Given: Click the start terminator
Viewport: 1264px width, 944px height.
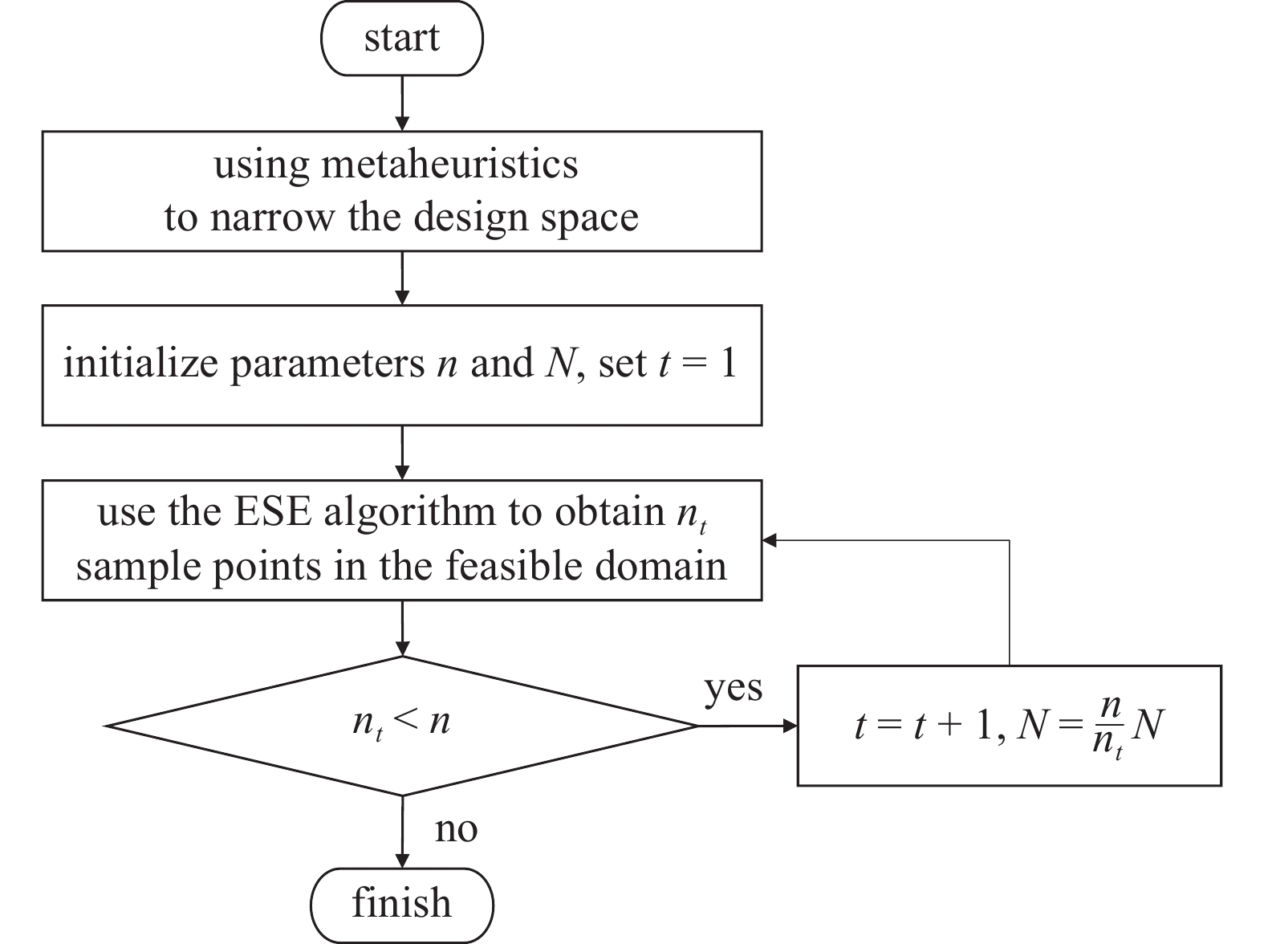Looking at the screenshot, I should coord(401,39).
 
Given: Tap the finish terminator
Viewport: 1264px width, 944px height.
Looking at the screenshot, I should coord(401,904).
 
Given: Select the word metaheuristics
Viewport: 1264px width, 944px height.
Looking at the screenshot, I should coord(449,165).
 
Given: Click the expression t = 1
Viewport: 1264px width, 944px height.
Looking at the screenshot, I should coord(697,364).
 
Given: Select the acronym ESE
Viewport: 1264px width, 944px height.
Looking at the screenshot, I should coord(272,512).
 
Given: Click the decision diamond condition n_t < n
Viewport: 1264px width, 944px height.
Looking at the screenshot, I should coord(401,723).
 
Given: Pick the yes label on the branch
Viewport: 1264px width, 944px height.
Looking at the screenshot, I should coord(733,688).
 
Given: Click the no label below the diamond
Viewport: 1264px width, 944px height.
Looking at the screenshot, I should coord(456,828).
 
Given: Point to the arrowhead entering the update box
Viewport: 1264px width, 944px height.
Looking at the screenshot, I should coord(791,726).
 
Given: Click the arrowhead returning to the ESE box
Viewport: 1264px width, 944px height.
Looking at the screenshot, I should coord(770,540).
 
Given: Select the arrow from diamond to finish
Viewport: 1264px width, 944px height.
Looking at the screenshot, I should coord(402,831).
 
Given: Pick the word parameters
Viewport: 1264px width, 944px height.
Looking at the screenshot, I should coord(327,364).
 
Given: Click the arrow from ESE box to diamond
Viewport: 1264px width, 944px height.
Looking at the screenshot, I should coord(402,628).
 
